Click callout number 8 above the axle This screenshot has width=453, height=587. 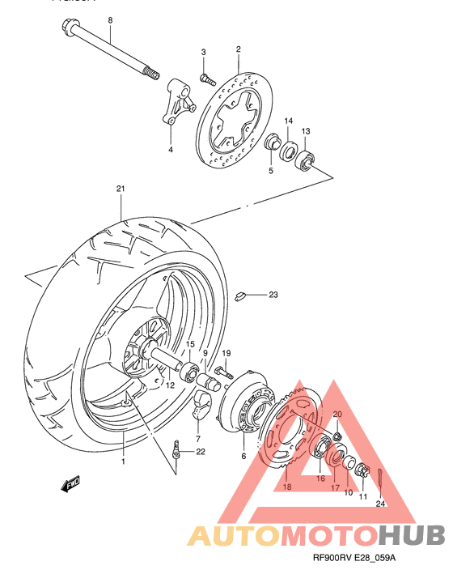click(111, 19)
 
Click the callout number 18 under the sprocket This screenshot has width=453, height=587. click(286, 487)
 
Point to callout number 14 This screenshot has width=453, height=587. click(288, 121)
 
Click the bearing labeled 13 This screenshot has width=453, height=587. click(306, 159)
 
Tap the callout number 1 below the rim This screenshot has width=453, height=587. click(123, 462)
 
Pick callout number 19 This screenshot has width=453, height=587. click(227, 353)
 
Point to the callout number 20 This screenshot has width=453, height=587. click(337, 415)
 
